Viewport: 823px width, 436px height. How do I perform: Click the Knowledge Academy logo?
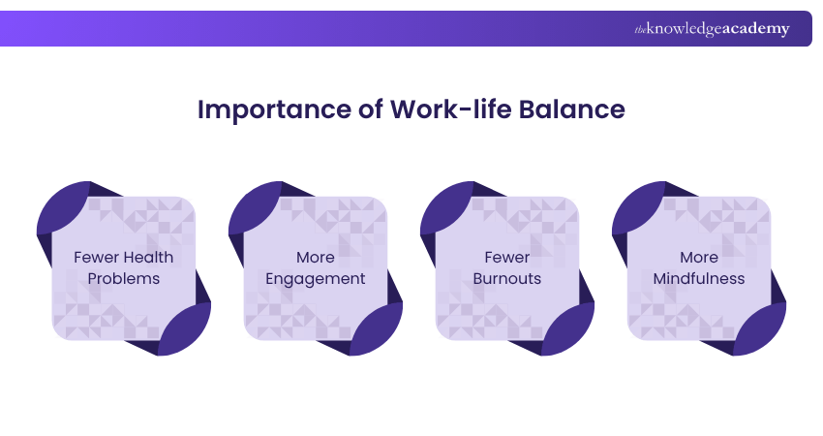pos(712,29)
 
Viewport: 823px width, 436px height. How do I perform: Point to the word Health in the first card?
pos(147,257)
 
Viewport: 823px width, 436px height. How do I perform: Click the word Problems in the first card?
pos(123,279)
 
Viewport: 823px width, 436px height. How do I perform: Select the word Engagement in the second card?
pos(316,279)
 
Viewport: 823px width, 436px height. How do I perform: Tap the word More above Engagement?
pos(316,257)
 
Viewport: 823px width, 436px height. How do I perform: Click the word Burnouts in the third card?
pos(507,279)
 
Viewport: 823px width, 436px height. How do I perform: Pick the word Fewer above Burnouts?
pos(507,257)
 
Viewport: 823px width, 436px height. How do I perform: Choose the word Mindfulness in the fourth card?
pos(699,279)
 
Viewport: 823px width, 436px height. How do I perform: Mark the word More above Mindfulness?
pos(699,257)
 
